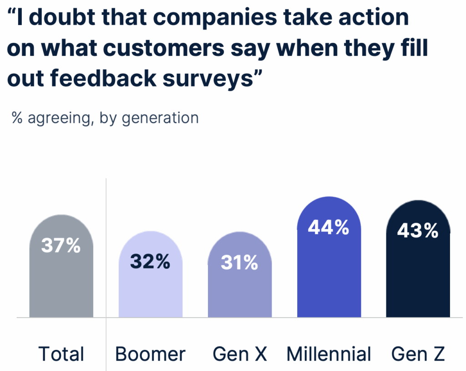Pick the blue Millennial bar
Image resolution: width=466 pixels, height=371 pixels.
coord(329,273)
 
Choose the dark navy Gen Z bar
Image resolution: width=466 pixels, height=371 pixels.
coord(418,273)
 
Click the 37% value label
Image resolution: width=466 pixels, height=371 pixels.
coord(61,246)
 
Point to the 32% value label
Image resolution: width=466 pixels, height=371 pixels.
coord(150,262)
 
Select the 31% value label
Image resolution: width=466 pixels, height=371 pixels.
coord(239,263)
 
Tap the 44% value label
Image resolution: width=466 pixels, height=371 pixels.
coord(329,228)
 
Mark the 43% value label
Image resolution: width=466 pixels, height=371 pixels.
coord(418,231)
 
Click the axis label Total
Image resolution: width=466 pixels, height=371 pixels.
coord(61,354)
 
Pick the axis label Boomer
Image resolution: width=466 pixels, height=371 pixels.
coord(150,354)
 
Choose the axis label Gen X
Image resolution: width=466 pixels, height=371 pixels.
coord(240,354)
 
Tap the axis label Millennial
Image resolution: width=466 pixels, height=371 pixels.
coord(329,354)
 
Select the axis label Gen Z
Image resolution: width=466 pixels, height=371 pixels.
coord(418,354)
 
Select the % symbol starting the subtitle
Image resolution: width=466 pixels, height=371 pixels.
coord(18,117)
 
